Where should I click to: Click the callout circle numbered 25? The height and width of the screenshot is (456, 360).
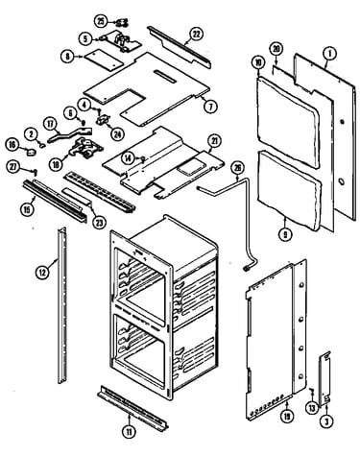[x=101, y=22]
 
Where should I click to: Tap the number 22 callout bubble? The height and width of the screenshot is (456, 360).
[x=196, y=34]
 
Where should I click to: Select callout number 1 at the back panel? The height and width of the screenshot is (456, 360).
[x=330, y=54]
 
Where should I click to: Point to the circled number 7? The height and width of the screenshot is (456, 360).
[x=210, y=107]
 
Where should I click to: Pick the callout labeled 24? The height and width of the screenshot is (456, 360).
[x=117, y=133]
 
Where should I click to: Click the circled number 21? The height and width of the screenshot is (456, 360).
[x=214, y=141]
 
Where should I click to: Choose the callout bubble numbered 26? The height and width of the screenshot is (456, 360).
[x=237, y=169]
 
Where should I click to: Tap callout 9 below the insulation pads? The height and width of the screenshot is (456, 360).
[x=285, y=234]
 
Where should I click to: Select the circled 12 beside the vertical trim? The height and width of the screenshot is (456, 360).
[x=42, y=273]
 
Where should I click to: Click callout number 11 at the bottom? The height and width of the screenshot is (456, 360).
[x=129, y=432]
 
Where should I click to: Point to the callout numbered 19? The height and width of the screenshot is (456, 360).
[x=287, y=417]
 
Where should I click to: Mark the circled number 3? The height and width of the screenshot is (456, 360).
[x=326, y=421]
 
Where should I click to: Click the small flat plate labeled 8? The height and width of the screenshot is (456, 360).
[x=103, y=60]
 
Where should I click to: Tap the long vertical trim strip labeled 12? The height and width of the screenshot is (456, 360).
[x=62, y=305]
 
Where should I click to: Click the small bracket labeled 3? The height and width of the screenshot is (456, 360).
[x=324, y=378]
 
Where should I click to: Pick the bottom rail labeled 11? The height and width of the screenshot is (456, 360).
[x=133, y=408]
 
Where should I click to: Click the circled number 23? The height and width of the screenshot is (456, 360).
[x=99, y=223]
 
